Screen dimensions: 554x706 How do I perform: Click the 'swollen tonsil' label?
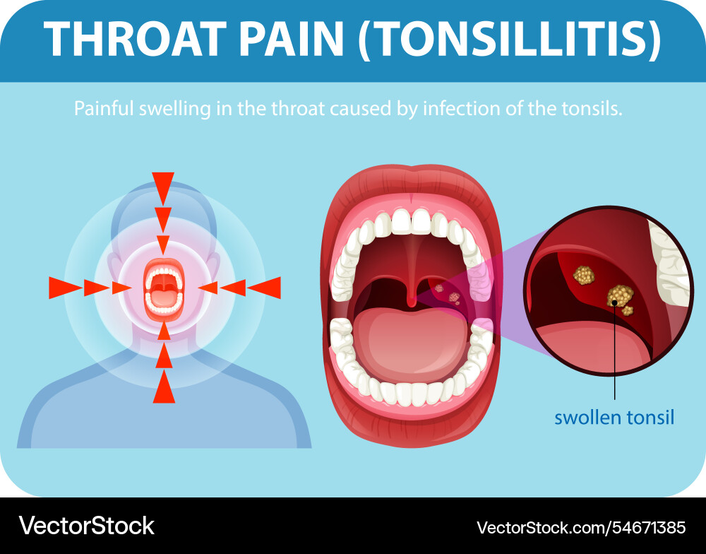614,418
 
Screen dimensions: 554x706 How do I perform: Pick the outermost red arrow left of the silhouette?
63,288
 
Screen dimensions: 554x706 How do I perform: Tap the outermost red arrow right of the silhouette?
265,288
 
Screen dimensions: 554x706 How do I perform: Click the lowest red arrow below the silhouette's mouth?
164,388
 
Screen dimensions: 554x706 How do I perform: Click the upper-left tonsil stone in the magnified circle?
583,274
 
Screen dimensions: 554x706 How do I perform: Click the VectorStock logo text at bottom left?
86,526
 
